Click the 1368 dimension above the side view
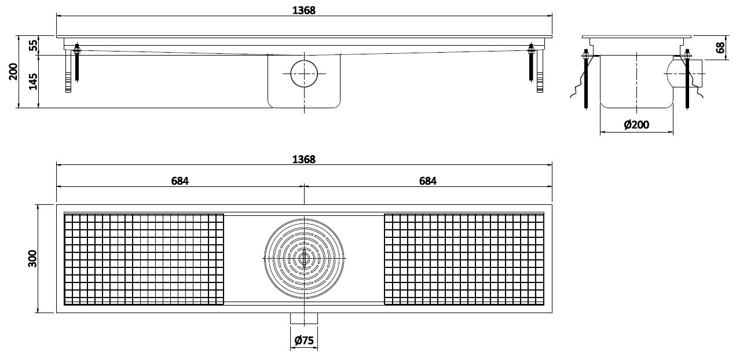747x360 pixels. click(x=304, y=10)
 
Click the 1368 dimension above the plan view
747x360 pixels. click(x=304, y=159)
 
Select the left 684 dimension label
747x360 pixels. click(x=180, y=181)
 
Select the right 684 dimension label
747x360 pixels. click(x=427, y=181)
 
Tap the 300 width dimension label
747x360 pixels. click(x=32, y=258)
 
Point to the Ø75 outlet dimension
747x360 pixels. click(x=304, y=340)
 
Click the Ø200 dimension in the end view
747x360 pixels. click(x=636, y=124)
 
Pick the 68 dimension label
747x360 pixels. click(x=720, y=47)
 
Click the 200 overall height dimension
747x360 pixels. click(x=13, y=71)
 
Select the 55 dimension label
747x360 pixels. click(x=33, y=45)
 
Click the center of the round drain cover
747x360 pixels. click(x=304, y=258)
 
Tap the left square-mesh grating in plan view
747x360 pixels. click(x=144, y=259)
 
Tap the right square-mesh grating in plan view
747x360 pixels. click(x=464, y=259)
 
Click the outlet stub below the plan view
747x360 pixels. click(x=304, y=318)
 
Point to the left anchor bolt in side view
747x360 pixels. click(x=77, y=63)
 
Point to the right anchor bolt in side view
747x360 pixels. click(x=531, y=63)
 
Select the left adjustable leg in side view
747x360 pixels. click(x=68, y=71)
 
